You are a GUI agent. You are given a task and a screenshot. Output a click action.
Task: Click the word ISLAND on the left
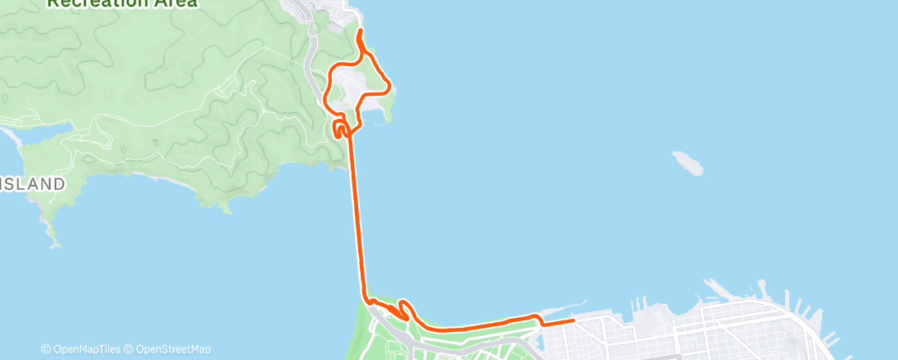point(33,183)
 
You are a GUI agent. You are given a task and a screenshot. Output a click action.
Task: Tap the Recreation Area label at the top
point(122,3)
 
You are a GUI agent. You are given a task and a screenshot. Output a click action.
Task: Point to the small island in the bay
point(688,163)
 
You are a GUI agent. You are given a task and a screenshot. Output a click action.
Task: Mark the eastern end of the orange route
point(573,320)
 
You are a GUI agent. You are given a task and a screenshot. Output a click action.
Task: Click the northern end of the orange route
point(358,31)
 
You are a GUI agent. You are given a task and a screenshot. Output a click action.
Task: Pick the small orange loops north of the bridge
point(340,128)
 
